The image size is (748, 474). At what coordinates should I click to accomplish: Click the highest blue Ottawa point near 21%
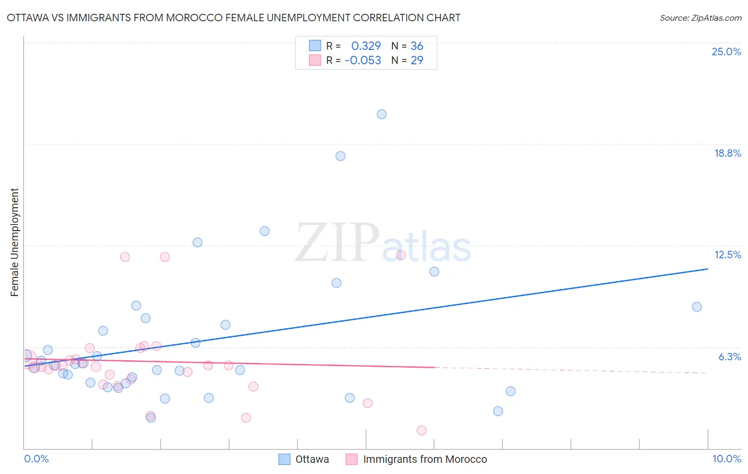coord(381,114)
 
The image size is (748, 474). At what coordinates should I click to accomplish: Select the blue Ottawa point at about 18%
coord(340,156)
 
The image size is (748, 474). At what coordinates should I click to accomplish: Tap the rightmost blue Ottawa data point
coord(697,307)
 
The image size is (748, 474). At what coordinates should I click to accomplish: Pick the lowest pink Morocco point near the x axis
coord(422,430)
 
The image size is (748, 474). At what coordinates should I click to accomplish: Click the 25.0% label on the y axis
coord(726,52)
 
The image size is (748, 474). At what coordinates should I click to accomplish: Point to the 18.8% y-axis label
coord(727,153)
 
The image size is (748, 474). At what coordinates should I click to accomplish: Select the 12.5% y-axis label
coord(727,255)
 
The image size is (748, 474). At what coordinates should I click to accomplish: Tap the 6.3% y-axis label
coord(729,357)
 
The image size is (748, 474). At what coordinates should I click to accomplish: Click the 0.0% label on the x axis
coord(36,459)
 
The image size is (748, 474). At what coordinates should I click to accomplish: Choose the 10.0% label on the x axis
coord(726,459)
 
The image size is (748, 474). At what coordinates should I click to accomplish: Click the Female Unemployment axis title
coord(14,242)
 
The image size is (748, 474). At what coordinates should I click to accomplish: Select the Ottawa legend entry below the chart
coord(312,459)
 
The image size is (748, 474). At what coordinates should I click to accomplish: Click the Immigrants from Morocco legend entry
coord(425,459)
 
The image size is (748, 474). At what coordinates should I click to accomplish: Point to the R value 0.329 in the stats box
coord(366,46)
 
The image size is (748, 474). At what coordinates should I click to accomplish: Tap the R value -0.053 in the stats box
coord(363,61)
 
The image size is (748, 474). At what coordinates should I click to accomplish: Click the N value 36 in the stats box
coord(417,46)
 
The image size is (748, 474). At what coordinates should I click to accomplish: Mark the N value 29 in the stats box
coord(417,61)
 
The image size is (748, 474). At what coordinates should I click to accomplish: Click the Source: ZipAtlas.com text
coord(700,18)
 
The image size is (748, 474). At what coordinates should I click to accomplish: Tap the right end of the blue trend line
coord(708,269)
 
